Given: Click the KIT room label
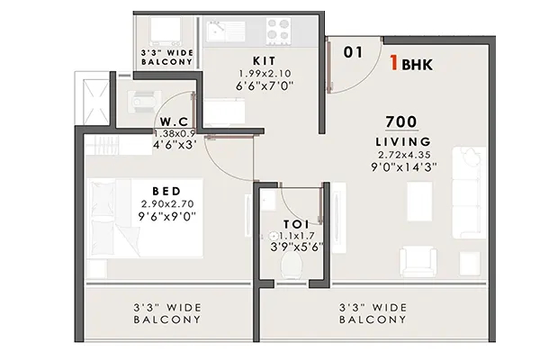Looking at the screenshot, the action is [264, 61].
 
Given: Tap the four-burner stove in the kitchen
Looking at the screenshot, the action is [279, 30].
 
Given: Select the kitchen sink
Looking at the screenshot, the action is [226, 31].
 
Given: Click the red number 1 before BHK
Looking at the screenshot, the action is [394, 63].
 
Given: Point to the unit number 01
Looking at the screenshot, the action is [353, 52].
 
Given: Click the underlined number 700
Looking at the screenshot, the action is [401, 121].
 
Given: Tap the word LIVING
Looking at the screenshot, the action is [403, 141].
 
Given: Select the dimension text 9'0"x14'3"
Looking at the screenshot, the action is [403, 167].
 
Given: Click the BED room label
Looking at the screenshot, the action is [166, 191].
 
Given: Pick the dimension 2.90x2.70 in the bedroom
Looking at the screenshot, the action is [167, 204].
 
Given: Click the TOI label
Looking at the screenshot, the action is [296, 224].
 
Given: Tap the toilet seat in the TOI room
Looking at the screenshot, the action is [292, 265].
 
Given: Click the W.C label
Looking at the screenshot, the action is [175, 121].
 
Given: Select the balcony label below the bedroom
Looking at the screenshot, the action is [167, 313].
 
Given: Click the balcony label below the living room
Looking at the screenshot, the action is [373, 313].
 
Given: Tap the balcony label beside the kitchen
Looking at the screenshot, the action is [167, 58].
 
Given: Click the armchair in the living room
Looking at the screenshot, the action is [418, 261].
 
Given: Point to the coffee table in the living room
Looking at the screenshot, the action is [419, 200].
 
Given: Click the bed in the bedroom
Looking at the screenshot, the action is [145, 218].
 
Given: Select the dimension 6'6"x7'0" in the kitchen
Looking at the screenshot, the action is [265, 85].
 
